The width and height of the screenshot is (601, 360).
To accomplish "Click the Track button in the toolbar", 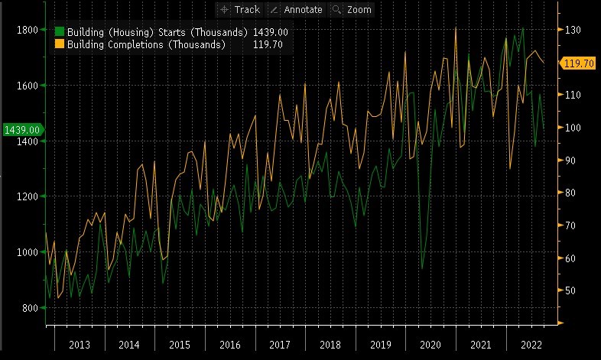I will [x=240, y=9].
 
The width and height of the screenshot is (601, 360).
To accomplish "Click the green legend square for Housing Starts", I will [x=60, y=33].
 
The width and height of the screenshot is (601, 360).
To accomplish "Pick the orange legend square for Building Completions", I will [x=60, y=45].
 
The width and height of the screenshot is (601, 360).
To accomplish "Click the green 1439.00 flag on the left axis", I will [x=22, y=130].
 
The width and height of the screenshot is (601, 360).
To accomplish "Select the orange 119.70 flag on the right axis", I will [x=579, y=63].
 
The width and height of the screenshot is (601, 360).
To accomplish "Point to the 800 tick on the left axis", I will [x=30, y=308].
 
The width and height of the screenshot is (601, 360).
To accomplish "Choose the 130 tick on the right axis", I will [x=573, y=30].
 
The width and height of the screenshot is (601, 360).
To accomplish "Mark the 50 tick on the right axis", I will [x=571, y=290].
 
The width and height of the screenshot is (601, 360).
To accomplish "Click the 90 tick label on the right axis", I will [x=571, y=161].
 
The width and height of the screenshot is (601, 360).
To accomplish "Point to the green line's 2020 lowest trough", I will [x=422, y=269].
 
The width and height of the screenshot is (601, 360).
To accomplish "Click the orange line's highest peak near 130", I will [x=456, y=28].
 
